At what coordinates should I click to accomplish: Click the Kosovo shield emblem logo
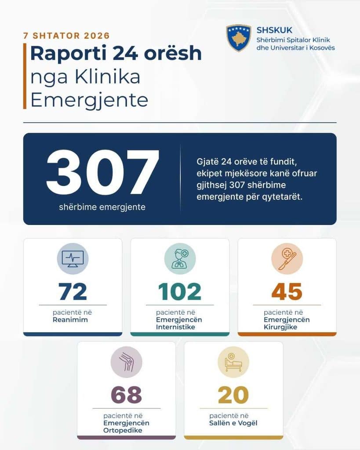coord(239,38)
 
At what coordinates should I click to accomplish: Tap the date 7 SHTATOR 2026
coord(67,36)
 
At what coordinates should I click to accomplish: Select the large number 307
coord(102,172)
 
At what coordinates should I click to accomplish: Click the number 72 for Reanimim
coord(73,292)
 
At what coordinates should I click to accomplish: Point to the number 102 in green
coord(180,292)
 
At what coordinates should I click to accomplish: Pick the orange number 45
coord(287,292)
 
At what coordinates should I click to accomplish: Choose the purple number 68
coord(126,395)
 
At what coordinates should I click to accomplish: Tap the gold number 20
coord(233,395)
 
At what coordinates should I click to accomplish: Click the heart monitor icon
coord(73,259)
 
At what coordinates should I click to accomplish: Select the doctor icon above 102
coord(180,259)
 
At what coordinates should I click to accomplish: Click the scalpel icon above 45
coord(287,259)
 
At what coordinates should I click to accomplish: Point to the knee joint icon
coord(126,362)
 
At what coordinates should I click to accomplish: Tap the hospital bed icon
coord(233,362)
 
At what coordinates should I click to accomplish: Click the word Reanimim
coord(70,320)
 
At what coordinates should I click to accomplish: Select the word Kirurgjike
coord(280,327)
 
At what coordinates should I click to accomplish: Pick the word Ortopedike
coord(123,431)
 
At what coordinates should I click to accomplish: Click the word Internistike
coord(175,327)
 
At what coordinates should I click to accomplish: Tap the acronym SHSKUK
coord(274,30)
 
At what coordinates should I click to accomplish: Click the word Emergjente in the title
coord(89,101)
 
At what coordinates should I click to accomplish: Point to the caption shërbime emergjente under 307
coord(102,207)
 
